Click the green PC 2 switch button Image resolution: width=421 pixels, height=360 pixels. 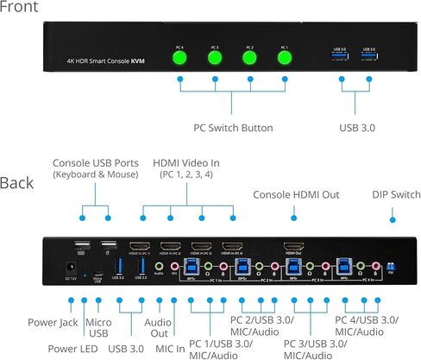[x=249, y=60]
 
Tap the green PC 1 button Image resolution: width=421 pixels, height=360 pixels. [x=285, y=60]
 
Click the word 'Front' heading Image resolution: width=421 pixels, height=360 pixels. [x=20, y=9]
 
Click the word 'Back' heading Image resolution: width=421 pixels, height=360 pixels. [x=17, y=182]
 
